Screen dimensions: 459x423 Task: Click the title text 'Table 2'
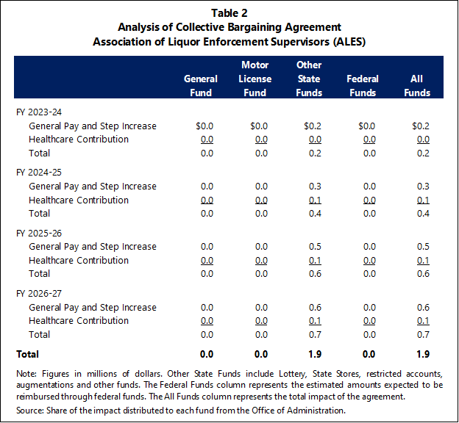(x=230, y=13)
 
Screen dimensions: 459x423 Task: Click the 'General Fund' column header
(x=201, y=86)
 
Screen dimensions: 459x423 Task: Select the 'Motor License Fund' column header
(x=255, y=79)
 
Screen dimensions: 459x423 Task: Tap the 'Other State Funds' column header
(x=309, y=79)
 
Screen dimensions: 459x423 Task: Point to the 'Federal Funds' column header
(x=363, y=86)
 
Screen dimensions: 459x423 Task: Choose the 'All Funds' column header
(x=417, y=86)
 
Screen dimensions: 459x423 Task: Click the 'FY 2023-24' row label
(x=39, y=112)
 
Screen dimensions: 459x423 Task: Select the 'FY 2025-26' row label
(x=39, y=234)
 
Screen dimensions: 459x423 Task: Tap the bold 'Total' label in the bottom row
(x=27, y=354)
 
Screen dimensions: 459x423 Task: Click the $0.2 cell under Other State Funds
(x=313, y=126)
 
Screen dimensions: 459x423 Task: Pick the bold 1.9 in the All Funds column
(x=423, y=354)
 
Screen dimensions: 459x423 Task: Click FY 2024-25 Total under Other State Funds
(x=315, y=214)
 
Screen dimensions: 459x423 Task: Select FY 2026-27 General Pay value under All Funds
(x=423, y=308)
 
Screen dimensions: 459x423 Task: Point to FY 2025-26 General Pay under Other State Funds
(x=315, y=247)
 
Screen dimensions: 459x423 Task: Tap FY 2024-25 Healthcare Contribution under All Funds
(x=423, y=200)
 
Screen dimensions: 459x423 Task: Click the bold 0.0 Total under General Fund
(x=207, y=354)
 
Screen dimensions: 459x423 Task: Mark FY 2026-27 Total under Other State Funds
(x=315, y=335)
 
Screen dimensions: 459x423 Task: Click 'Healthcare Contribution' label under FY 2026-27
(x=79, y=321)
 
